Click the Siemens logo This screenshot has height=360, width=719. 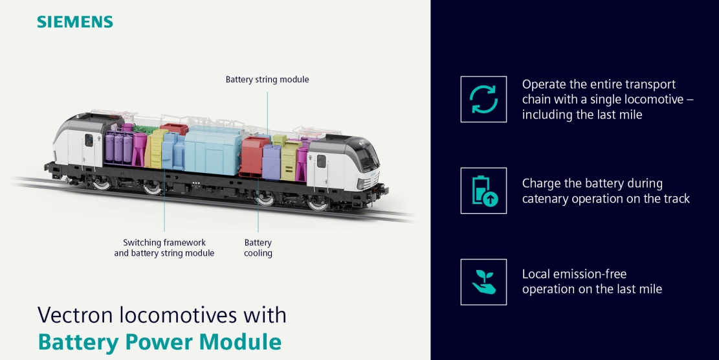coord(75,22)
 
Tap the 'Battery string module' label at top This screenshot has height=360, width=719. coord(267,80)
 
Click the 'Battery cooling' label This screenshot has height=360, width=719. coord(258,247)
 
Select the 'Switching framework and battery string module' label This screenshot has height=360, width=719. coord(164,247)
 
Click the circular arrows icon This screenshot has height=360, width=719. coord(483,99)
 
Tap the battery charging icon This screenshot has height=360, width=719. coord(484,190)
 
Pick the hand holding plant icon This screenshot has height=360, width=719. coord(484,282)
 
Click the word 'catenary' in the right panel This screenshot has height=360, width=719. coord(544,199)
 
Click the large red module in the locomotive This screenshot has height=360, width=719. coord(254,157)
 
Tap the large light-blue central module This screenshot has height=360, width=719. coord(213,150)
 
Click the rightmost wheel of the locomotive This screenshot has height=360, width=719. coord(318,203)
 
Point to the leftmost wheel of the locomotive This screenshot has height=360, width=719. coord(102,183)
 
